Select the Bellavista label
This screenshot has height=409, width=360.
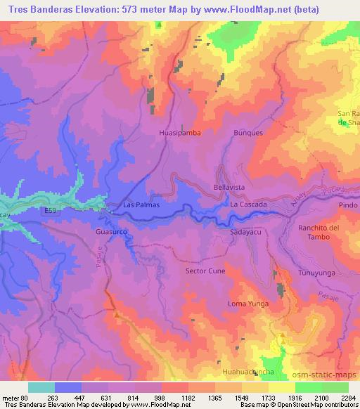(x=229, y=188)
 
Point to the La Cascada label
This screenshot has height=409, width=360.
(x=248, y=204)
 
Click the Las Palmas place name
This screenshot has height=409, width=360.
(x=141, y=204)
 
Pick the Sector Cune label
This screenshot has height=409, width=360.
(x=204, y=270)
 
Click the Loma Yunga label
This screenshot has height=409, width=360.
(x=248, y=304)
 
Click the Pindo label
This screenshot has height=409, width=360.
(x=347, y=205)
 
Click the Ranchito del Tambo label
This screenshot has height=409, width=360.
(x=319, y=233)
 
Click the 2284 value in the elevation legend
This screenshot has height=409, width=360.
(x=349, y=397)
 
